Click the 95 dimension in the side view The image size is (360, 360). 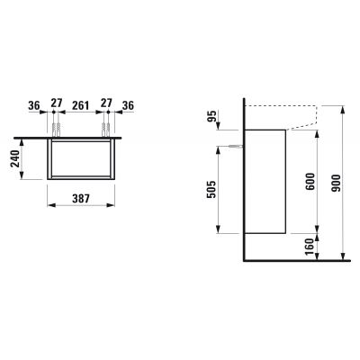pyautogui.click(x=213, y=116)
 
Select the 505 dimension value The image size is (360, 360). pyautogui.click(x=213, y=186)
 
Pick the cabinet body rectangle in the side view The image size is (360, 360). pyautogui.click(x=265, y=180)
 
